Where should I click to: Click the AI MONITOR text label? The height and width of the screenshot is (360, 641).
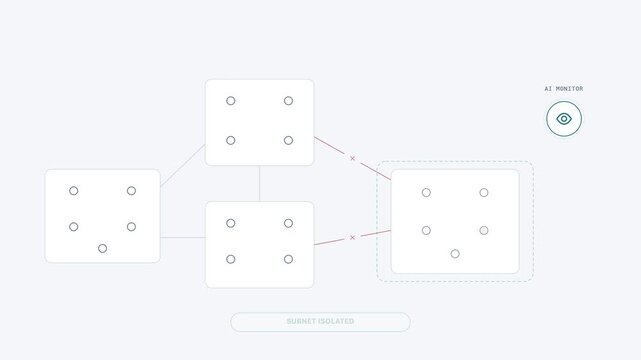tap(564, 89)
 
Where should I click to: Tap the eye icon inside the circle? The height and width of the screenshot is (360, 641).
tap(564, 119)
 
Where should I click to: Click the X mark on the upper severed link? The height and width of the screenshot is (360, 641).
tap(352, 158)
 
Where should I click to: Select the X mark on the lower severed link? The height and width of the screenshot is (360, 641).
tap(352, 237)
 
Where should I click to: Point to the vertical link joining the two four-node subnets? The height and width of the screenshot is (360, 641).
tap(260, 183)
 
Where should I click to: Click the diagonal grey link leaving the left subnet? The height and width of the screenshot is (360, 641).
tap(182, 165)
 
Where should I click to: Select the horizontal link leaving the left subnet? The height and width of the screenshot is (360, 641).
tap(183, 237)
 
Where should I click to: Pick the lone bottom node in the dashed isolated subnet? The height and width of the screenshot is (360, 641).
tap(455, 254)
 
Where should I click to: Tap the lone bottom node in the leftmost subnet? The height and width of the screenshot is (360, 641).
tap(103, 248)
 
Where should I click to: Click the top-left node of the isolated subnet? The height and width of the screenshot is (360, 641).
tap(426, 192)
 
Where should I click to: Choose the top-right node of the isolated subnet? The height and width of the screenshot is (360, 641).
tap(484, 192)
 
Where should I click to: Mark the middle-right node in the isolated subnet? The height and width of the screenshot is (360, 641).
tap(484, 230)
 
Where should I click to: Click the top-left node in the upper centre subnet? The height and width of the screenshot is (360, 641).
tap(231, 101)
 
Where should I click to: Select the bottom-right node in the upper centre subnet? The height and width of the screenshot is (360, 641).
tap(289, 141)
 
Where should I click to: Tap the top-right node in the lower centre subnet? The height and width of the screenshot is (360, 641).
tap(289, 223)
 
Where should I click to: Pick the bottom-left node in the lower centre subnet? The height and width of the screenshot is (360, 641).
tap(231, 259)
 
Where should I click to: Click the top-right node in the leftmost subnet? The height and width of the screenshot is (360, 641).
tap(131, 191)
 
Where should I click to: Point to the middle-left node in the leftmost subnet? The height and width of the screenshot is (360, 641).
tap(74, 227)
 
